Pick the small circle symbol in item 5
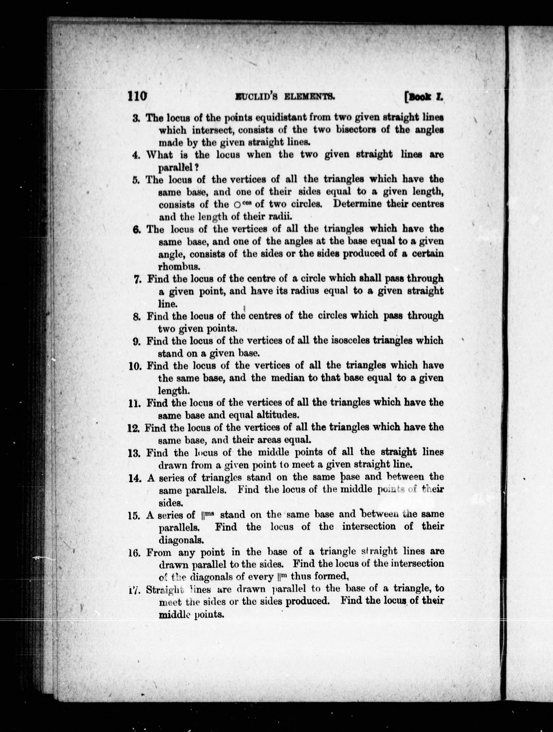237,205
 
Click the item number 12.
134,428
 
